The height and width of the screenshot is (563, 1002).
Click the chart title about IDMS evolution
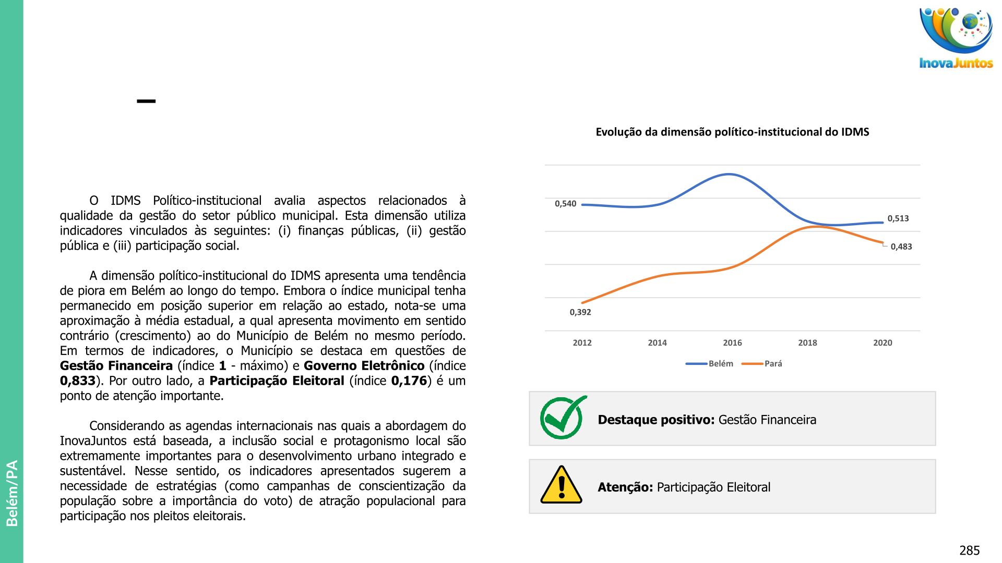[x=732, y=132]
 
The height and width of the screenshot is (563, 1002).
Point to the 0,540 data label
[x=565, y=204]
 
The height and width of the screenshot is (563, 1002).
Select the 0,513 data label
[x=898, y=218]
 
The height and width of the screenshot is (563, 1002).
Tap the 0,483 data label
[x=901, y=247]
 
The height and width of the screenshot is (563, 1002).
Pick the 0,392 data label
[x=580, y=312]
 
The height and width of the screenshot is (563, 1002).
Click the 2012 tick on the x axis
[x=582, y=342]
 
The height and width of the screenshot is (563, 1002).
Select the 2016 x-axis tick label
[x=732, y=342]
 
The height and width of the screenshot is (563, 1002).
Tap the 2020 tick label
[x=882, y=342]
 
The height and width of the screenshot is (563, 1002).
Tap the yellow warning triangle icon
[x=562, y=485]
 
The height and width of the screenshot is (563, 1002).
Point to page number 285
[x=969, y=550]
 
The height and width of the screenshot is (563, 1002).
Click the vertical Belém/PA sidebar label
[x=12, y=493]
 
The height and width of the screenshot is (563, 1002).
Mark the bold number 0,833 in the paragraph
[x=78, y=381]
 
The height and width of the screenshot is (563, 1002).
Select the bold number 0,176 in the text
[x=409, y=381]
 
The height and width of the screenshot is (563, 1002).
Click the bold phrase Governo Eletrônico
[x=364, y=366]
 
